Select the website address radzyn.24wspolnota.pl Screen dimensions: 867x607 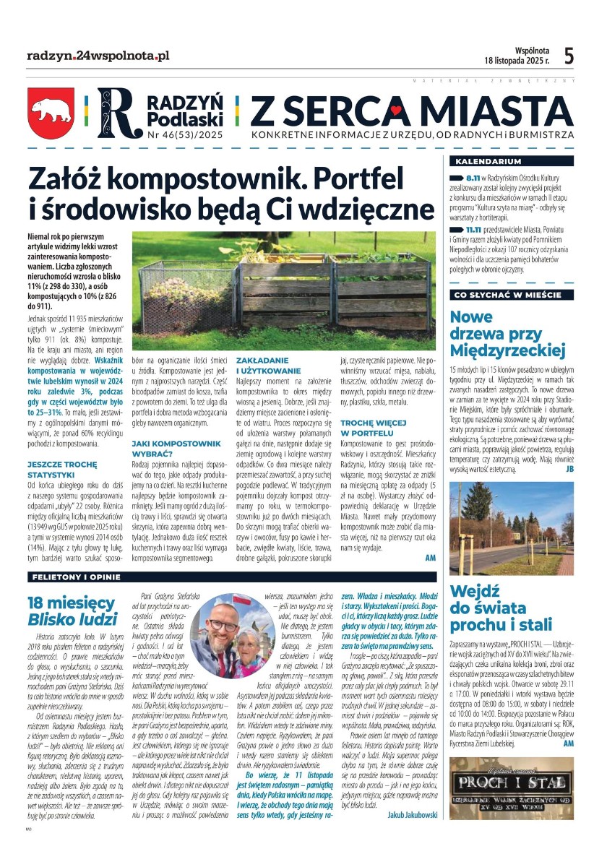pos(98,56)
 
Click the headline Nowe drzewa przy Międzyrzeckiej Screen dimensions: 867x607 pos(506,333)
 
